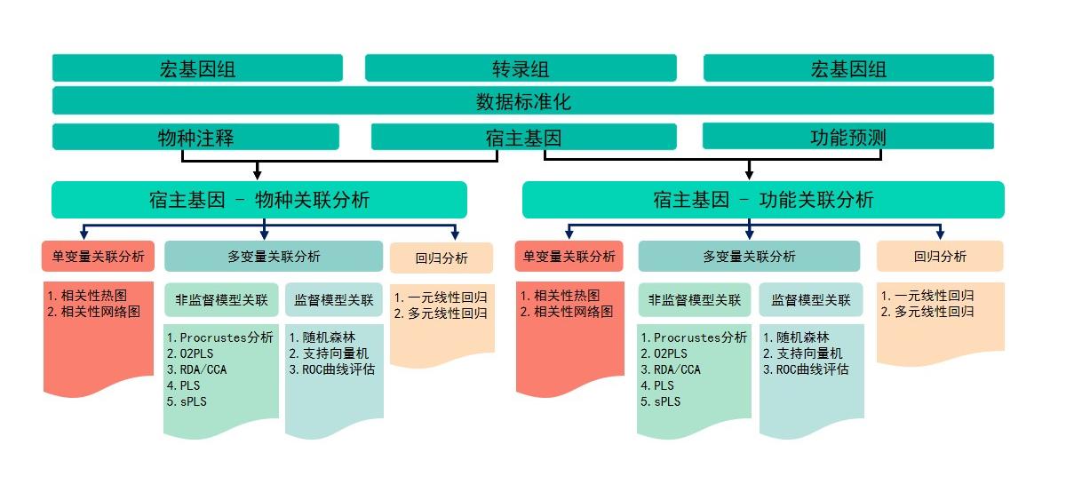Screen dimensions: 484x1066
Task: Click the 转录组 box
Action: (521, 68)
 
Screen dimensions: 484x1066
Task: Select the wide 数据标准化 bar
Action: (523, 101)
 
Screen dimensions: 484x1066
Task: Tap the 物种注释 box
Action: (195, 137)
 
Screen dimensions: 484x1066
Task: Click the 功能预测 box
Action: (847, 137)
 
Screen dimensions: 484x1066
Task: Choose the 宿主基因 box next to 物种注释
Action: (523, 137)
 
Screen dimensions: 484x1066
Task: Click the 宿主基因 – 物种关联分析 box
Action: (259, 200)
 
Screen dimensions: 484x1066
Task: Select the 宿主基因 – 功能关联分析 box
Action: (762, 200)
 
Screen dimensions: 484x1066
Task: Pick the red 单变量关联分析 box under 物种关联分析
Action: (99, 257)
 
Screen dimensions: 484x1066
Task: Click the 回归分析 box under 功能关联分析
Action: (940, 257)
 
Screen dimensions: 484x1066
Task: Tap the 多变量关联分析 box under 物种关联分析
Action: (274, 257)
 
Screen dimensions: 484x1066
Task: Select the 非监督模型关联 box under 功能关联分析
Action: (695, 300)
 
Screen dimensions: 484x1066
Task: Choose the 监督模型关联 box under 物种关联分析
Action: (334, 300)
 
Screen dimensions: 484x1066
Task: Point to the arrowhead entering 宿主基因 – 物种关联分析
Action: (257, 174)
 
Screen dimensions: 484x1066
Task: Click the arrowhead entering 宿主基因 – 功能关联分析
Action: (749, 174)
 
